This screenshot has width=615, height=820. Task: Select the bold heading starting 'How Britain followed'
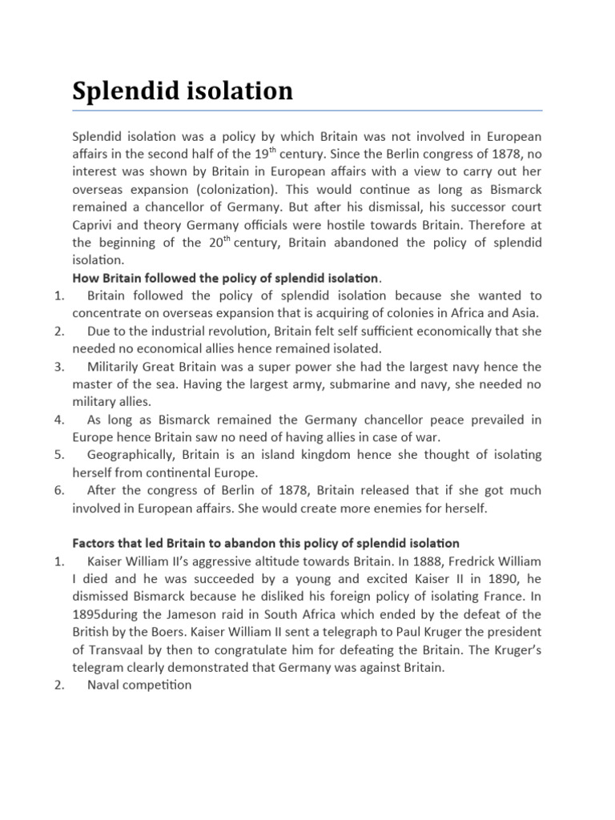[224, 278]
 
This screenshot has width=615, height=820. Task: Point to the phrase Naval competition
[139, 685]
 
